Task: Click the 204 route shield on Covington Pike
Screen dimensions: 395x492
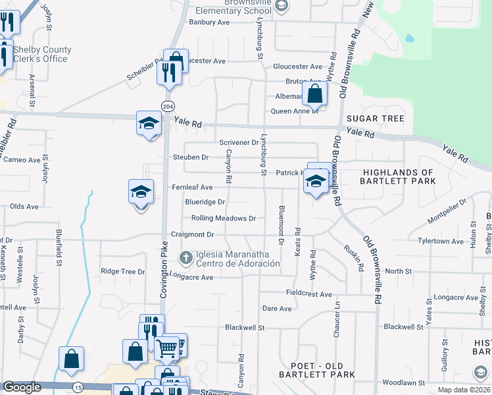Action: pyautogui.click(x=169, y=107)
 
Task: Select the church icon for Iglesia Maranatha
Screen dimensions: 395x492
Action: pyautogui.click(x=186, y=257)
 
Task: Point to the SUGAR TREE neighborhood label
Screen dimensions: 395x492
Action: pyautogui.click(x=376, y=118)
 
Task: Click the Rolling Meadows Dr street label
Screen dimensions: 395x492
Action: pyautogui.click(x=223, y=218)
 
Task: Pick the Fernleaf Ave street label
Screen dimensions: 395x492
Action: pyautogui.click(x=192, y=187)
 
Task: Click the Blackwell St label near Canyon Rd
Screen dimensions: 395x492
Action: pyautogui.click(x=245, y=327)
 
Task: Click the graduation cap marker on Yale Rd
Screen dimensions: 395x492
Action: pyautogui.click(x=149, y=123)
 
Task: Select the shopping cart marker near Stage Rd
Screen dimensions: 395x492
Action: pyautogui.click(x=167, y=348)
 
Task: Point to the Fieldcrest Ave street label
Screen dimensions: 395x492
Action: pyautogui.click(x=308, y=294)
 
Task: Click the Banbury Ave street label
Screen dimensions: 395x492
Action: pyautogui.click(x=209, y=22)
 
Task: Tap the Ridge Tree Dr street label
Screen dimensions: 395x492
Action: pyautogui.click(x=122, y=271)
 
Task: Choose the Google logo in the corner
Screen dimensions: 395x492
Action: pyautogui.click(x=22, y=387)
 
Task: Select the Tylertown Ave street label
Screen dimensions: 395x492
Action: pyautogui.click(x=441, y=242)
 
